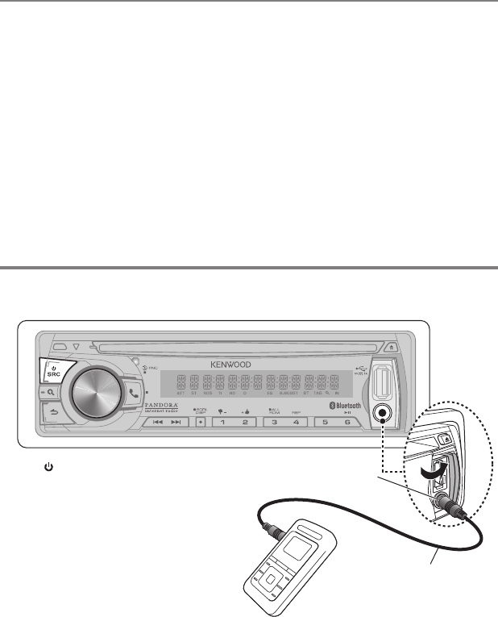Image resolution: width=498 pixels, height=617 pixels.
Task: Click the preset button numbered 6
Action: tap(348, 423)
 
